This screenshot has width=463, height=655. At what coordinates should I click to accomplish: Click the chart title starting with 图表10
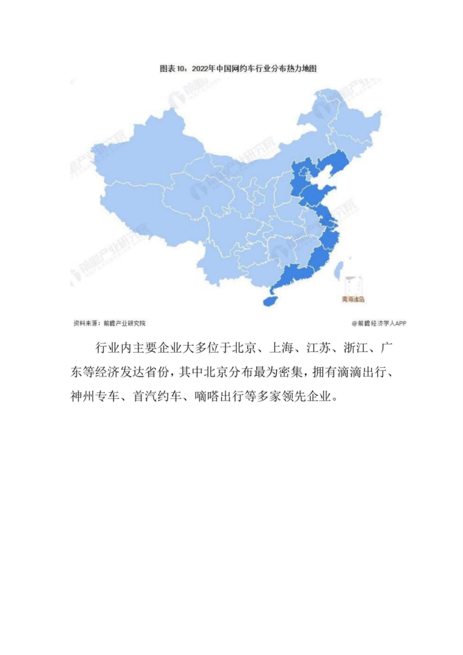coord(238,69)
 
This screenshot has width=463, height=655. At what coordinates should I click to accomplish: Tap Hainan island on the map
coord(272,301)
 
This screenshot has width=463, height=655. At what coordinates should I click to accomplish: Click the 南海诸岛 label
coord(353,299)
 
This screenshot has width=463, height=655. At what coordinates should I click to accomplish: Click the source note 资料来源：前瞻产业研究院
coord(110,323)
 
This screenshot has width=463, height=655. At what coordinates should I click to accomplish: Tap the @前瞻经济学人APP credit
coord(379,323)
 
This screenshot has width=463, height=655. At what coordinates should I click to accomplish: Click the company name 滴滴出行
coord(362,372)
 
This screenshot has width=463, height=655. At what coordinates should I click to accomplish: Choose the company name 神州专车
coord(95,396)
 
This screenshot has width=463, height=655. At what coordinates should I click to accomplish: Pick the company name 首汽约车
coord(157,396)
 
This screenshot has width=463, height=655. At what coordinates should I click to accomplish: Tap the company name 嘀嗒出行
coord(220,396)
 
